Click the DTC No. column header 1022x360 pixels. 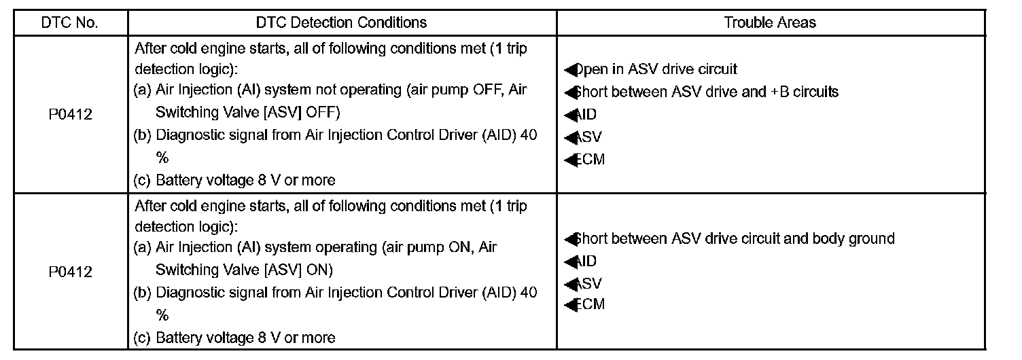click(70, 22)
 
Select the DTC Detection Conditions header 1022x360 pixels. click(342, 22)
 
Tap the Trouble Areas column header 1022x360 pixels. click(770, 22)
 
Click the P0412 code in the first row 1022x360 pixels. click(70, 114)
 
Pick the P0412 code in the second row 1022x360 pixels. click(70, 272)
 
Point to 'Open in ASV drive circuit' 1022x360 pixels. click(656, 69)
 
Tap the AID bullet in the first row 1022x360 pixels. click(585, 115)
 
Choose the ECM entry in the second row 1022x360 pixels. click(588, 304)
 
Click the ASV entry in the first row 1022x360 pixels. click(587, 137)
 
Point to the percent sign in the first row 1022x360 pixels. click(162, 158)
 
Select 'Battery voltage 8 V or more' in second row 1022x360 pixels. click(245, 338)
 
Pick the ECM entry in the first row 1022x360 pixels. click(588, 160)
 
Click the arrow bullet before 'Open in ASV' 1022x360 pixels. click(569, 70)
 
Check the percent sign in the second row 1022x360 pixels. click(162, 315)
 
